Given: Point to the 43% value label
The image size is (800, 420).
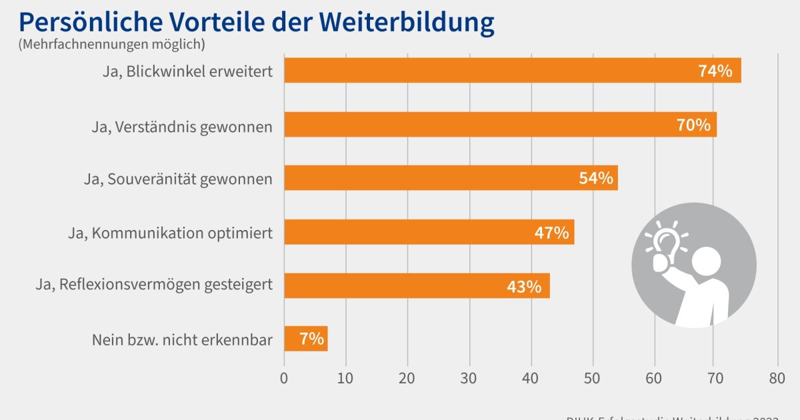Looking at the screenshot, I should click(x=523, y=287).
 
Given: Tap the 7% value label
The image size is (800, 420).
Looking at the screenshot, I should click(x=311, y=339).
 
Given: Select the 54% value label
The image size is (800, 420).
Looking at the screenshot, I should click(x=595, y=179).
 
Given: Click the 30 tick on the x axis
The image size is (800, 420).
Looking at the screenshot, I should click(x=469, y=379).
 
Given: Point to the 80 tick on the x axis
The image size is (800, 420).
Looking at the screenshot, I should click(x=777, y=379).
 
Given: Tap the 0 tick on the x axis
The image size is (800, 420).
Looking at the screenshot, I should click(x=285, y=379).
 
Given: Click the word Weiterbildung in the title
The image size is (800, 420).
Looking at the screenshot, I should click(x=406, y=22).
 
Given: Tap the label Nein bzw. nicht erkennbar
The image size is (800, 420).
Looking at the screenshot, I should click(x=182, y=340).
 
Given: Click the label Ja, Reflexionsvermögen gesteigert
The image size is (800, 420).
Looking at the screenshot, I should click(x=154, y=285).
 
